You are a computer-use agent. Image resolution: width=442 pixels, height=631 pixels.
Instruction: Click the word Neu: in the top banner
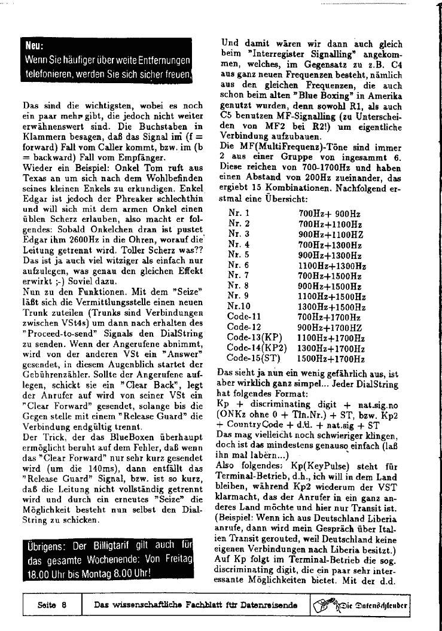[x=34, y=45]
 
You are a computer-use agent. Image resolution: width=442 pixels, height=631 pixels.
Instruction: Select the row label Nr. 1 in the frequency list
[x=239, y=213]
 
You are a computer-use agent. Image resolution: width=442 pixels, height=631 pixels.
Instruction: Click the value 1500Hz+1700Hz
[x=331, y=359]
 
